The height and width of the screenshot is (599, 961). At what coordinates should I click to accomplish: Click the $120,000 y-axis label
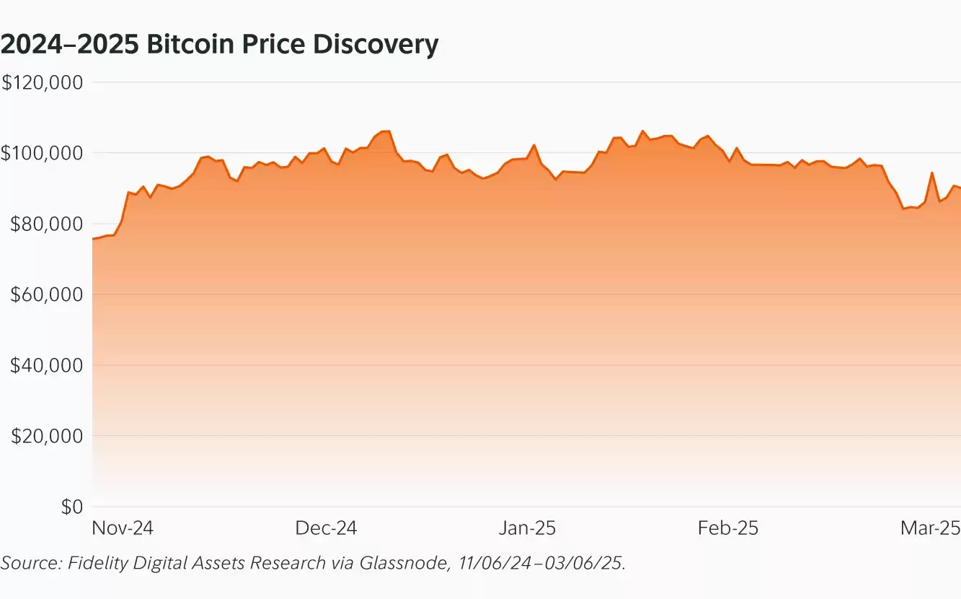pyautogui.click(x=43, y=82)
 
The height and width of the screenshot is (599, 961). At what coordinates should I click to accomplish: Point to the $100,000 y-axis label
pyautogui.click(x=43, y=153)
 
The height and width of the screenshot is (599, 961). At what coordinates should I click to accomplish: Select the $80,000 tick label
pyautogui.click(x=44, y=224)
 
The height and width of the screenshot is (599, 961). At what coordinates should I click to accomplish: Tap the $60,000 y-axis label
pyautogui.click(x=44, y=294)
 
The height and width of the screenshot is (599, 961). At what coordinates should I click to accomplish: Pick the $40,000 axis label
pyautogui.click(x=44, y=365)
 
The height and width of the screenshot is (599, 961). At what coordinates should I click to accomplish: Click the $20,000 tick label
pyautogui.click(x=44, y=436)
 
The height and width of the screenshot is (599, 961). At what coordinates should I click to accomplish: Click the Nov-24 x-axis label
pyautogui.click(x=123, y=528)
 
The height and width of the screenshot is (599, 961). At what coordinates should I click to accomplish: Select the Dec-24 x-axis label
pyautogui.click(x=326, y=528)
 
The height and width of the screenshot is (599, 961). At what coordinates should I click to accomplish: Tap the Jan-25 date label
pyautogui.click(x=528, y=528)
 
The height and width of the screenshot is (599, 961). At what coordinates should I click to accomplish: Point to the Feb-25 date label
pyautogui.click(x=728, y=528)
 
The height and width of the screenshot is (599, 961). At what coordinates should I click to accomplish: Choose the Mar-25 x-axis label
pyautogui.click(x=930, y=528)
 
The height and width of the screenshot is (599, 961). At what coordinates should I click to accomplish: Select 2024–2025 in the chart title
pyautogui.click(x=69, y=45)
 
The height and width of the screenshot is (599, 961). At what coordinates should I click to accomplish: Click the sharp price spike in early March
pyautogui.click(x=932, y=173)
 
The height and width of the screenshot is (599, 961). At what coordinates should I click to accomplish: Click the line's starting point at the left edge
pyautogui.click(x=93, y=239)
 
